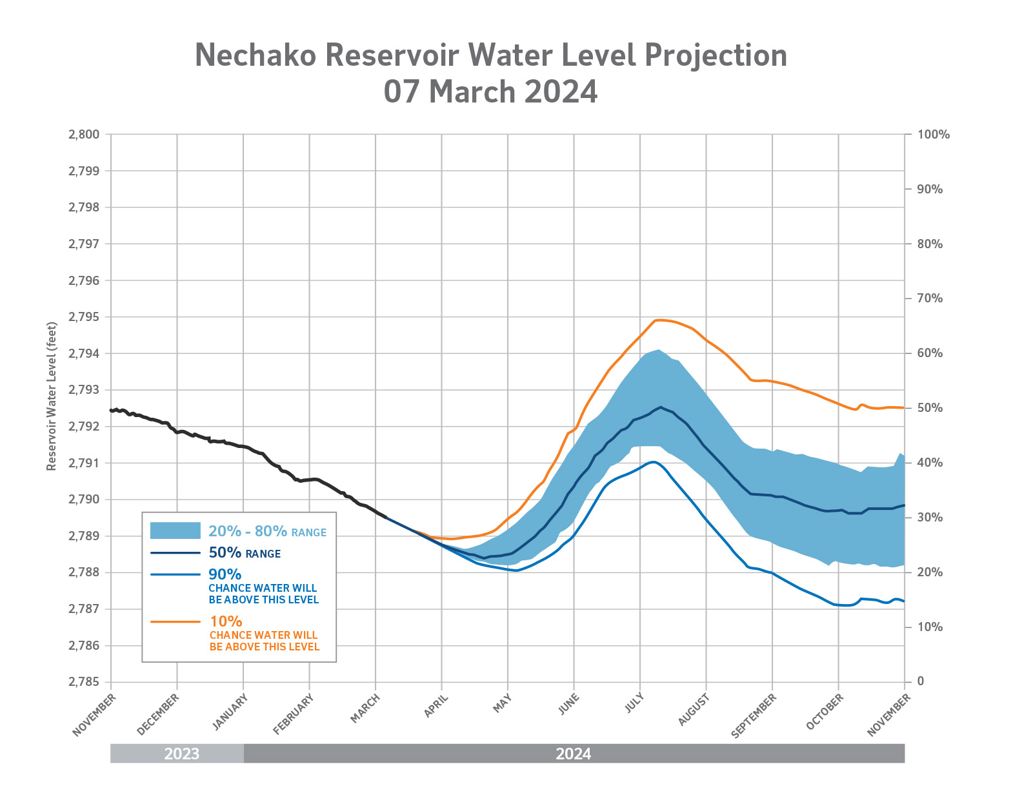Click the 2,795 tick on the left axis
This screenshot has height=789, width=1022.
(83, 317)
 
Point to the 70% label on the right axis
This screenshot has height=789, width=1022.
(930, 298)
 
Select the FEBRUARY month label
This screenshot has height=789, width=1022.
(293, 714)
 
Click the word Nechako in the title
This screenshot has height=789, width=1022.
(255, 55)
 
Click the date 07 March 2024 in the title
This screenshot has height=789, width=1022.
(490, 92)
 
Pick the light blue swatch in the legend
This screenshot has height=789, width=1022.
(175, 531)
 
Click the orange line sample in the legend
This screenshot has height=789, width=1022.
(175, 622)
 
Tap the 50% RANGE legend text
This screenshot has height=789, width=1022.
(245, 552)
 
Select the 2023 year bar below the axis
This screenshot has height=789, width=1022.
(181, 754)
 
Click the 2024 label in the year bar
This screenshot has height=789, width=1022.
(573, 754)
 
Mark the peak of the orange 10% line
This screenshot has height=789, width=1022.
(659, 320)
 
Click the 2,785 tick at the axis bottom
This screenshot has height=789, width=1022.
(83, 682)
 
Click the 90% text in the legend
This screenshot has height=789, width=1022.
(225, 574)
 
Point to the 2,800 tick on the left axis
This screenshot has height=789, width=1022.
(83, 135)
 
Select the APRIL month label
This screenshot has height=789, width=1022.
(436, 705)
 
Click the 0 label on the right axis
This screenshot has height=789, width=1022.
(920, 681)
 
